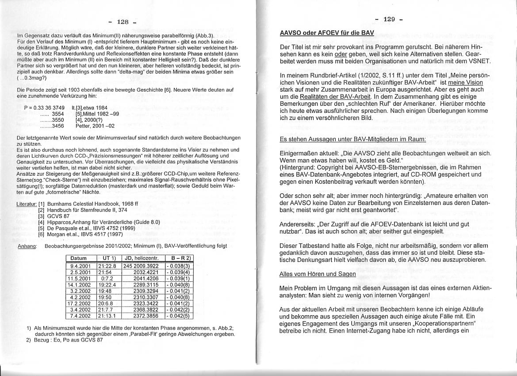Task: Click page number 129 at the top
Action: coord(389,19)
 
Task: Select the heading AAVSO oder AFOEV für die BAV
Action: coord(327,33)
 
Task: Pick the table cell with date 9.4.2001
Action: coord(80,266)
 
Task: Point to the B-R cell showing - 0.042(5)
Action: coord(179,316)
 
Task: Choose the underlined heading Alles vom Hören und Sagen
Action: coord(318,274)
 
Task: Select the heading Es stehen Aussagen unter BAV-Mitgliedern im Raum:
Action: coord(353,139)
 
